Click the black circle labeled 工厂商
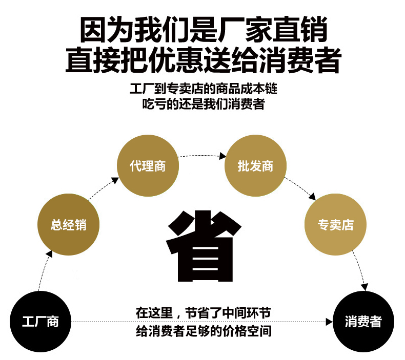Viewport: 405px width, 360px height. pyautogui.click(x=40, y=322)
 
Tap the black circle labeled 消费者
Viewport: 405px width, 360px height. pyautogui.click(x=363, y=322)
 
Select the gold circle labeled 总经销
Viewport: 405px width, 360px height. pyautogui.click(x=69, y=224)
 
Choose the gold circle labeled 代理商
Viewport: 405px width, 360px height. pyautogui.click(x=148, y=166)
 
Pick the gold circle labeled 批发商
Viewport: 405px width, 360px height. pyautogui.click(x=255, y=166)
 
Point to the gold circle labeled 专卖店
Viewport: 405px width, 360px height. pyautogui.click(x=335, y=224)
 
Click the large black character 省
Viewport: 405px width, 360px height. pyautogui.click(x=204, y=246)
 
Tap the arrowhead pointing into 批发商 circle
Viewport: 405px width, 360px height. pyautogui.click(x=222, y=156)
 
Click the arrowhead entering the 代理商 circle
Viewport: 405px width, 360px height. pyautogui.click(x=115, y=180)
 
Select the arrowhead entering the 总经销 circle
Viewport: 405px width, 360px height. pyautogui.click(x=49, y=254)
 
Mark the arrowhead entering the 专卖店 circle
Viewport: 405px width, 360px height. pyautogui.click(x=312, y=197)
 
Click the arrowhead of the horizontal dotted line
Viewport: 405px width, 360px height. pyautogui.click(x=329, y=322)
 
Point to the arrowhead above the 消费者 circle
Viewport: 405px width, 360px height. pyautogui.click(x=364, y=287)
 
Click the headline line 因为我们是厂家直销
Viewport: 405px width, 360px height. pyautogui.click(x=204, y=29)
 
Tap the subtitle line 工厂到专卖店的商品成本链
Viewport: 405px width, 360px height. pyautogui.click(x=204, y=89)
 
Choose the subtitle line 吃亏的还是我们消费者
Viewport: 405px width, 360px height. pyautogui.click(x=204, y=104)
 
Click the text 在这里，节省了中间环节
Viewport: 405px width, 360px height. pyautogui.click(x=204, y=313)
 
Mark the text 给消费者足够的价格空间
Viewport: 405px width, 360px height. pyautogui.click(x=204, y=331)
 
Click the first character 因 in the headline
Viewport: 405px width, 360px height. pyautogui.click(x=93, y=29)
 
